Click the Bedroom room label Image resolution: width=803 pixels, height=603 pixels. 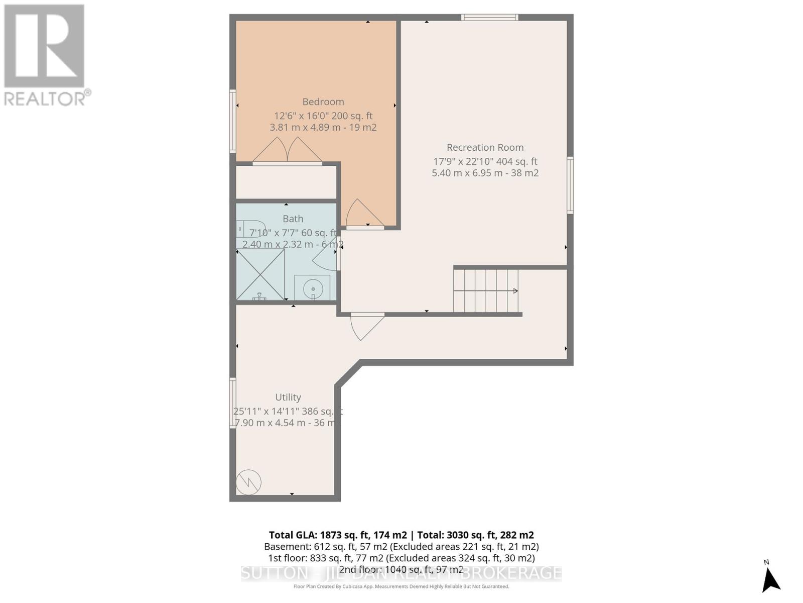click(323, 102)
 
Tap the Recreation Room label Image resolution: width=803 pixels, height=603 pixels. click(485, 147)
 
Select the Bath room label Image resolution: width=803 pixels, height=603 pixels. click(293, 219)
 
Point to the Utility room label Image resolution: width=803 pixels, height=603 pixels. click(288, 397)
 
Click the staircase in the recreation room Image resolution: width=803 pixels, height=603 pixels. click(486, 290)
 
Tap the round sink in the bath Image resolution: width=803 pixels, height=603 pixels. click(313, 288)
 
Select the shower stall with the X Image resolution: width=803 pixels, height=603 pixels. click(260, 275)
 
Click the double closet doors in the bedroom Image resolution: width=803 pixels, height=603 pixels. click(287, 151)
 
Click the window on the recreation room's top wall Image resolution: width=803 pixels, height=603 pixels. click(489, 18)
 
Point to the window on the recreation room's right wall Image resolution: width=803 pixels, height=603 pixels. click(570, 185)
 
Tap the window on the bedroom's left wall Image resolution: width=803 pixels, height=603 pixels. click(232, 121)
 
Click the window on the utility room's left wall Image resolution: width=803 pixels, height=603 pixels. click(232, 403)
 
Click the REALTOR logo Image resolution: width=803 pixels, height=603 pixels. click(45, 55)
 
